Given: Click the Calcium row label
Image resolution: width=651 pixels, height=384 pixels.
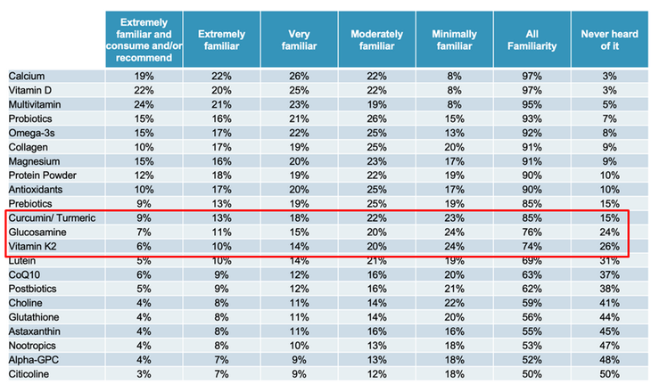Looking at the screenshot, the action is [27, 77].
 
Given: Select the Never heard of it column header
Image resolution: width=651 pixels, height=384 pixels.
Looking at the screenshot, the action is [609, 40].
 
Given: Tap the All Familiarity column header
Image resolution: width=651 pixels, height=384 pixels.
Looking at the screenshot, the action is [532, 40].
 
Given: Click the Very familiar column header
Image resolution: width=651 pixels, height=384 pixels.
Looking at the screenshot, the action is [299, 40].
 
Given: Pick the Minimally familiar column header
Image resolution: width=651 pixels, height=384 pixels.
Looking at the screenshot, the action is [454, 40].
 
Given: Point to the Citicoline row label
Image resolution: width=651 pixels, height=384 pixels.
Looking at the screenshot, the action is [29, 374].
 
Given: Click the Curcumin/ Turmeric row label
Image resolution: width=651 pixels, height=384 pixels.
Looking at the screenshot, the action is [52, 218].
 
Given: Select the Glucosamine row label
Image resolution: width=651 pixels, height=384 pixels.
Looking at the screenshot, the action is [37, 233].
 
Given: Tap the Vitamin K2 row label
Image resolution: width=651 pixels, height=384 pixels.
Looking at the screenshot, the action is [32, 246].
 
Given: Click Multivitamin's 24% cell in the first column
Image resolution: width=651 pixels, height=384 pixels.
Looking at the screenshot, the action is [144, 104].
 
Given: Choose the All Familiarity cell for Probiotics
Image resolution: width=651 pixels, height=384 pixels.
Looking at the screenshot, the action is [532, 118].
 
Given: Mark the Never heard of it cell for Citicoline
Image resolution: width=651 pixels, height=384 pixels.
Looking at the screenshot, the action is [609, 374].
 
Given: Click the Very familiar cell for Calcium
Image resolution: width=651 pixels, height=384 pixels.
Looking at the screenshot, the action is [299, 77].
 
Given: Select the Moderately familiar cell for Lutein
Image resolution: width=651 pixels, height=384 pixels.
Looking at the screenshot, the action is [376, 261].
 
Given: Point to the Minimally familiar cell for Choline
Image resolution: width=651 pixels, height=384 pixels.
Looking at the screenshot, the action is [454, 303].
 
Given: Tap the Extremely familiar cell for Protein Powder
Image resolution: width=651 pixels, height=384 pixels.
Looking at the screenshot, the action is [221, 176].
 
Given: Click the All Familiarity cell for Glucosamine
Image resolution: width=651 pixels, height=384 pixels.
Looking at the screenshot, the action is [532, 233].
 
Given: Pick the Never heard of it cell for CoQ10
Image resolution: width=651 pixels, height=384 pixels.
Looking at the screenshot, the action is [609, 275].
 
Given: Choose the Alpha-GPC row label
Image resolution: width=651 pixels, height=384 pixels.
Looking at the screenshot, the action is [34, 360].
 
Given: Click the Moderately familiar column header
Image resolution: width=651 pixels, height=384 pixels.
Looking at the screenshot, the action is [376, 40].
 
